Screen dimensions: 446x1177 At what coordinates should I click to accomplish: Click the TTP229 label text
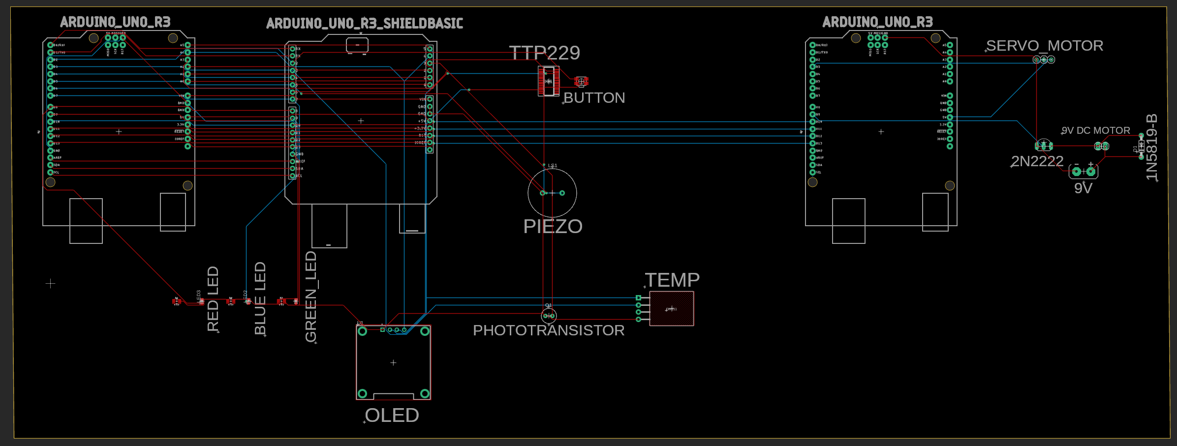544,53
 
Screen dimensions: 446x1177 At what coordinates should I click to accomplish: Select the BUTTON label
594,98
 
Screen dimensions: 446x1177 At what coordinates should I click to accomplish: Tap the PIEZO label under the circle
553,226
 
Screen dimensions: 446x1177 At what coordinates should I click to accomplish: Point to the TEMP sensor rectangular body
672,308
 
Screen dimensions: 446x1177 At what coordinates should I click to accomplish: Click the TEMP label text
672,280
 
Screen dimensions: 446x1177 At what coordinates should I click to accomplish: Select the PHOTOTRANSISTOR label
549,330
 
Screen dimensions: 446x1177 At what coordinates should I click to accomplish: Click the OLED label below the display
392,416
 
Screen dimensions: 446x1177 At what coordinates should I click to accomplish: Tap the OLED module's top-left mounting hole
363,331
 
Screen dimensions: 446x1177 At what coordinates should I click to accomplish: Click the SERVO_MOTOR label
1044,46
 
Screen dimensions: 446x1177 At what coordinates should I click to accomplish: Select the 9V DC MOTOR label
1095,130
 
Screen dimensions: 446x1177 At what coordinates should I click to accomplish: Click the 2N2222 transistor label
1037,161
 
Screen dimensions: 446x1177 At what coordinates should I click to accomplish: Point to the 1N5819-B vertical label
1152,147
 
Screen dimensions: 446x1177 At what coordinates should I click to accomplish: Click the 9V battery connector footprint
1083,171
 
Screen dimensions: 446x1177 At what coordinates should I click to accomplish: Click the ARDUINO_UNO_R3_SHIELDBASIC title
364,23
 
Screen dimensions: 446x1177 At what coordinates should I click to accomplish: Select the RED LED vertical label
213,298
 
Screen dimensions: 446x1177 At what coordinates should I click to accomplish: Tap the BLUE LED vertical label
260,298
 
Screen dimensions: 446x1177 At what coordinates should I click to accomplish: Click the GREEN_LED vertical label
311,296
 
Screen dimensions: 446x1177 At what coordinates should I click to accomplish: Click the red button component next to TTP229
581,81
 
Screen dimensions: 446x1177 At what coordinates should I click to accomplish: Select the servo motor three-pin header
1044,59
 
